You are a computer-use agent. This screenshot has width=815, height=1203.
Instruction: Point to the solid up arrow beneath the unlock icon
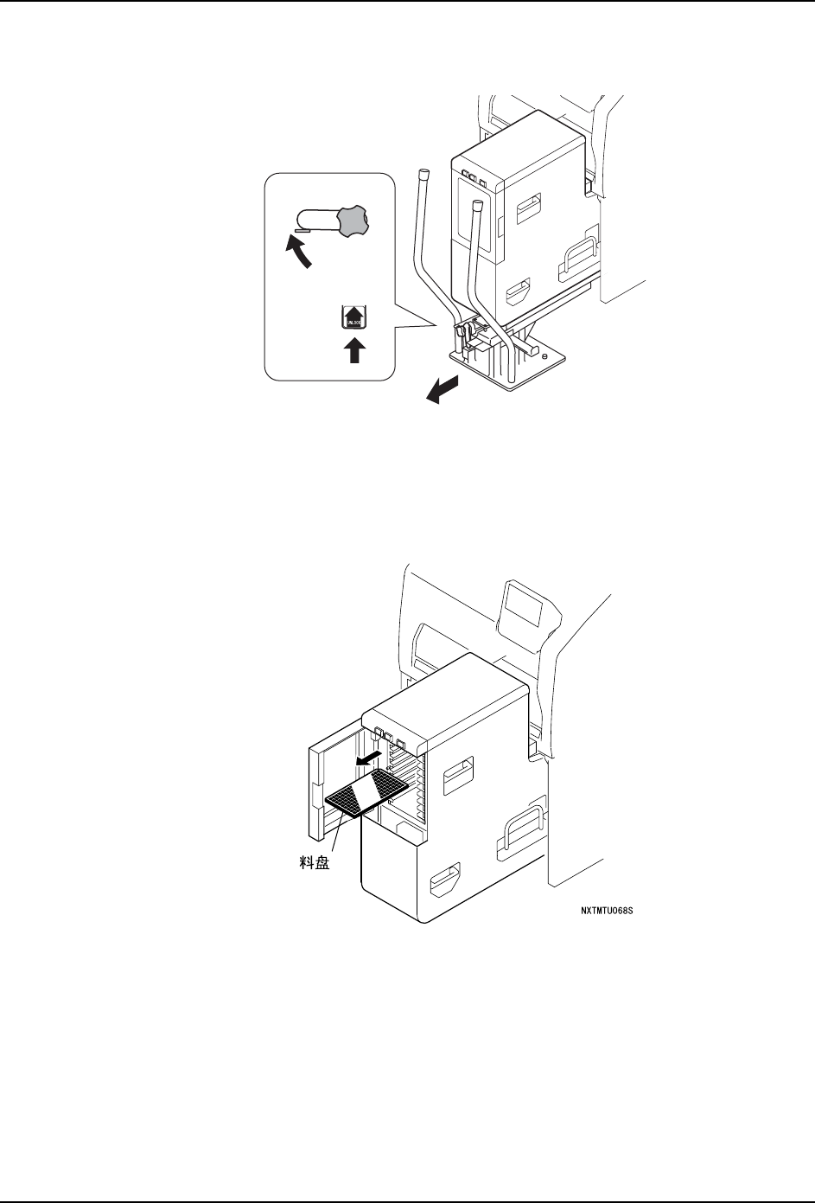pos(353,351)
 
